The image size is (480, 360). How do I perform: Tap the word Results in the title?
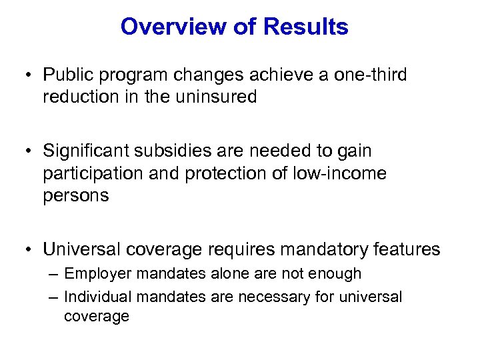pos(306,27)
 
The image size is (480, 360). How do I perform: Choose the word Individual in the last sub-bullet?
pos(97,297)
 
